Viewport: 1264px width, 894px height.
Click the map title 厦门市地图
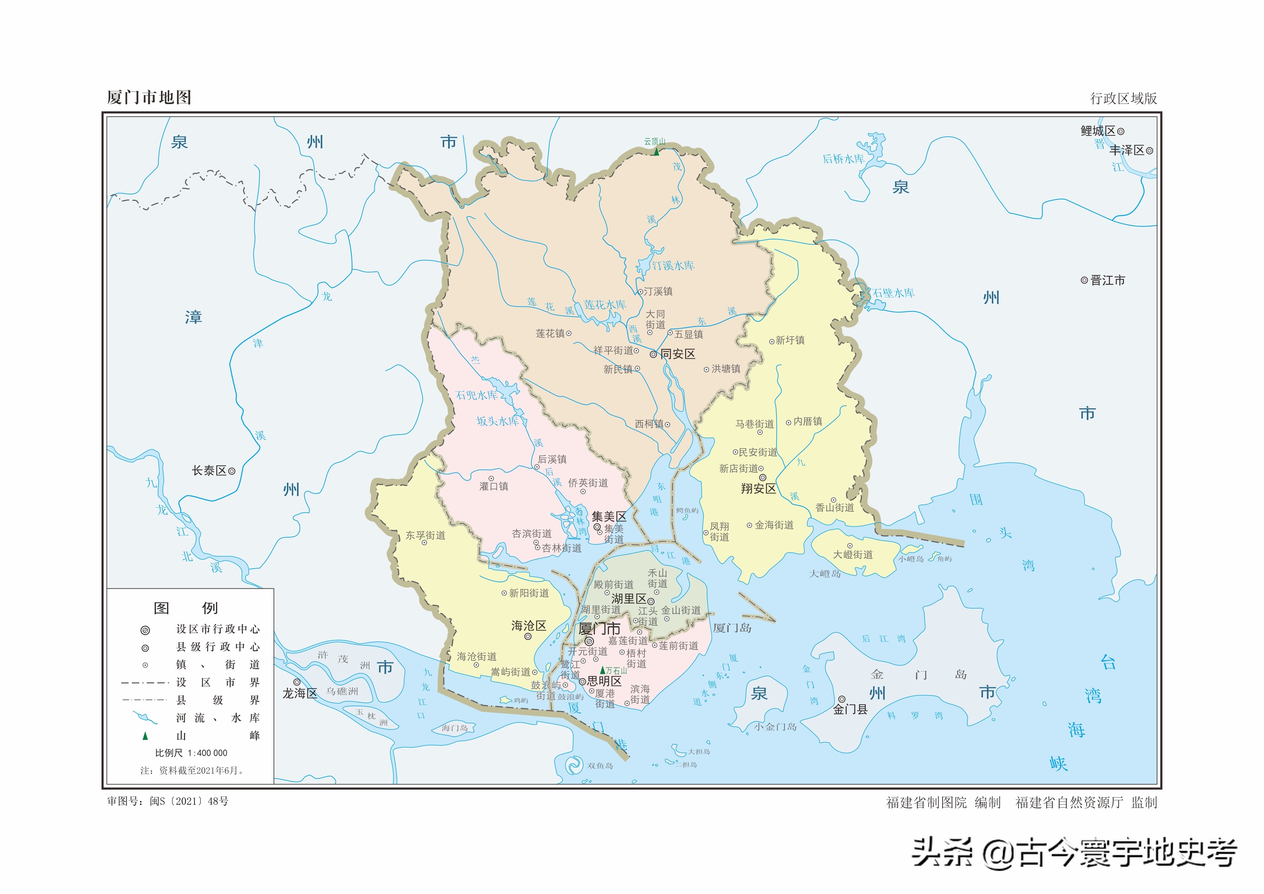[x=149, y=98]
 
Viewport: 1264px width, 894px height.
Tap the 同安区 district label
[x=678, y=354]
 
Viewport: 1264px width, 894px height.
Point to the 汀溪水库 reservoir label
[x=673, y=265]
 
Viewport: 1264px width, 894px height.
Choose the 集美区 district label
[x=609, y=516]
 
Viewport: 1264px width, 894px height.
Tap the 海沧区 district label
[x=528, y=625]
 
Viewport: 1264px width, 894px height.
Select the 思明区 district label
[x=604, y=681]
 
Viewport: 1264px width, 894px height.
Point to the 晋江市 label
[x=1108, y=280]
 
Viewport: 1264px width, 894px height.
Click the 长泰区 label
[x=209, y=471]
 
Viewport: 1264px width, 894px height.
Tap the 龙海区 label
[x=300, y=693]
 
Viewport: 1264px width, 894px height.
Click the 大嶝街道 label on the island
[x=853, y=554]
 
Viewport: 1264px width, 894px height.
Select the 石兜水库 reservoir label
[x=476, y=395]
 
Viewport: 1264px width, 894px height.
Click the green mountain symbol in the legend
[x=145, y=736]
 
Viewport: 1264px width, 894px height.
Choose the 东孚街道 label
[x=426, y=535]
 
